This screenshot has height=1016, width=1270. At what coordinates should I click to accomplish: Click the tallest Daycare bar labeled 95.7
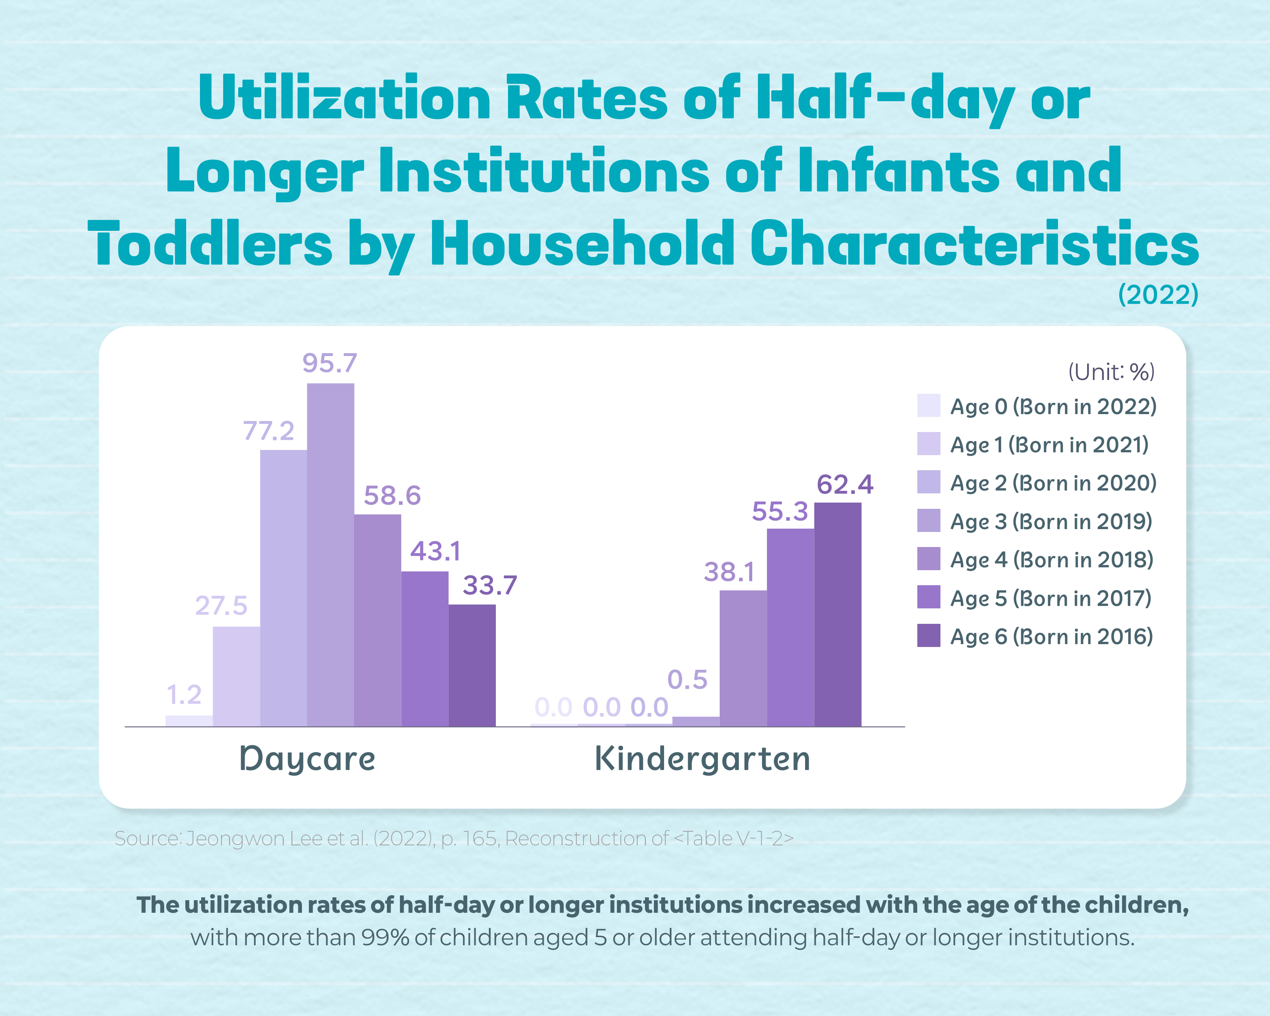330,554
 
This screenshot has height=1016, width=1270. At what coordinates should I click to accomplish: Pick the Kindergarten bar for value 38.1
743,658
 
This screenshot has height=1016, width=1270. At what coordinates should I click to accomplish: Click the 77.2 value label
269,431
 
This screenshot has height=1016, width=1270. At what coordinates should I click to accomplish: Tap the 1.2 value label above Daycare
184,695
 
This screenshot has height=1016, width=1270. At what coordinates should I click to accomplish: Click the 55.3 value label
779,511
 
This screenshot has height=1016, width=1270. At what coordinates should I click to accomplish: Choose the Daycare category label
307,759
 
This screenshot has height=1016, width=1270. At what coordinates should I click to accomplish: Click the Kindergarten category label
702,759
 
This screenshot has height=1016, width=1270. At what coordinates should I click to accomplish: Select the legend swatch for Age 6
928,636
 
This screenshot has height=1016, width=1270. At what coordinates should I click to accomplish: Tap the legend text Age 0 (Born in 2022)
1053,406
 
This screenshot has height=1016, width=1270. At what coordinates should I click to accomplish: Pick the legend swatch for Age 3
928,521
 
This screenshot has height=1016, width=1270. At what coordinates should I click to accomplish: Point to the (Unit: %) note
1111,371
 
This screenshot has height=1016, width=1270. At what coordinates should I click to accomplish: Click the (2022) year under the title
1158,294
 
